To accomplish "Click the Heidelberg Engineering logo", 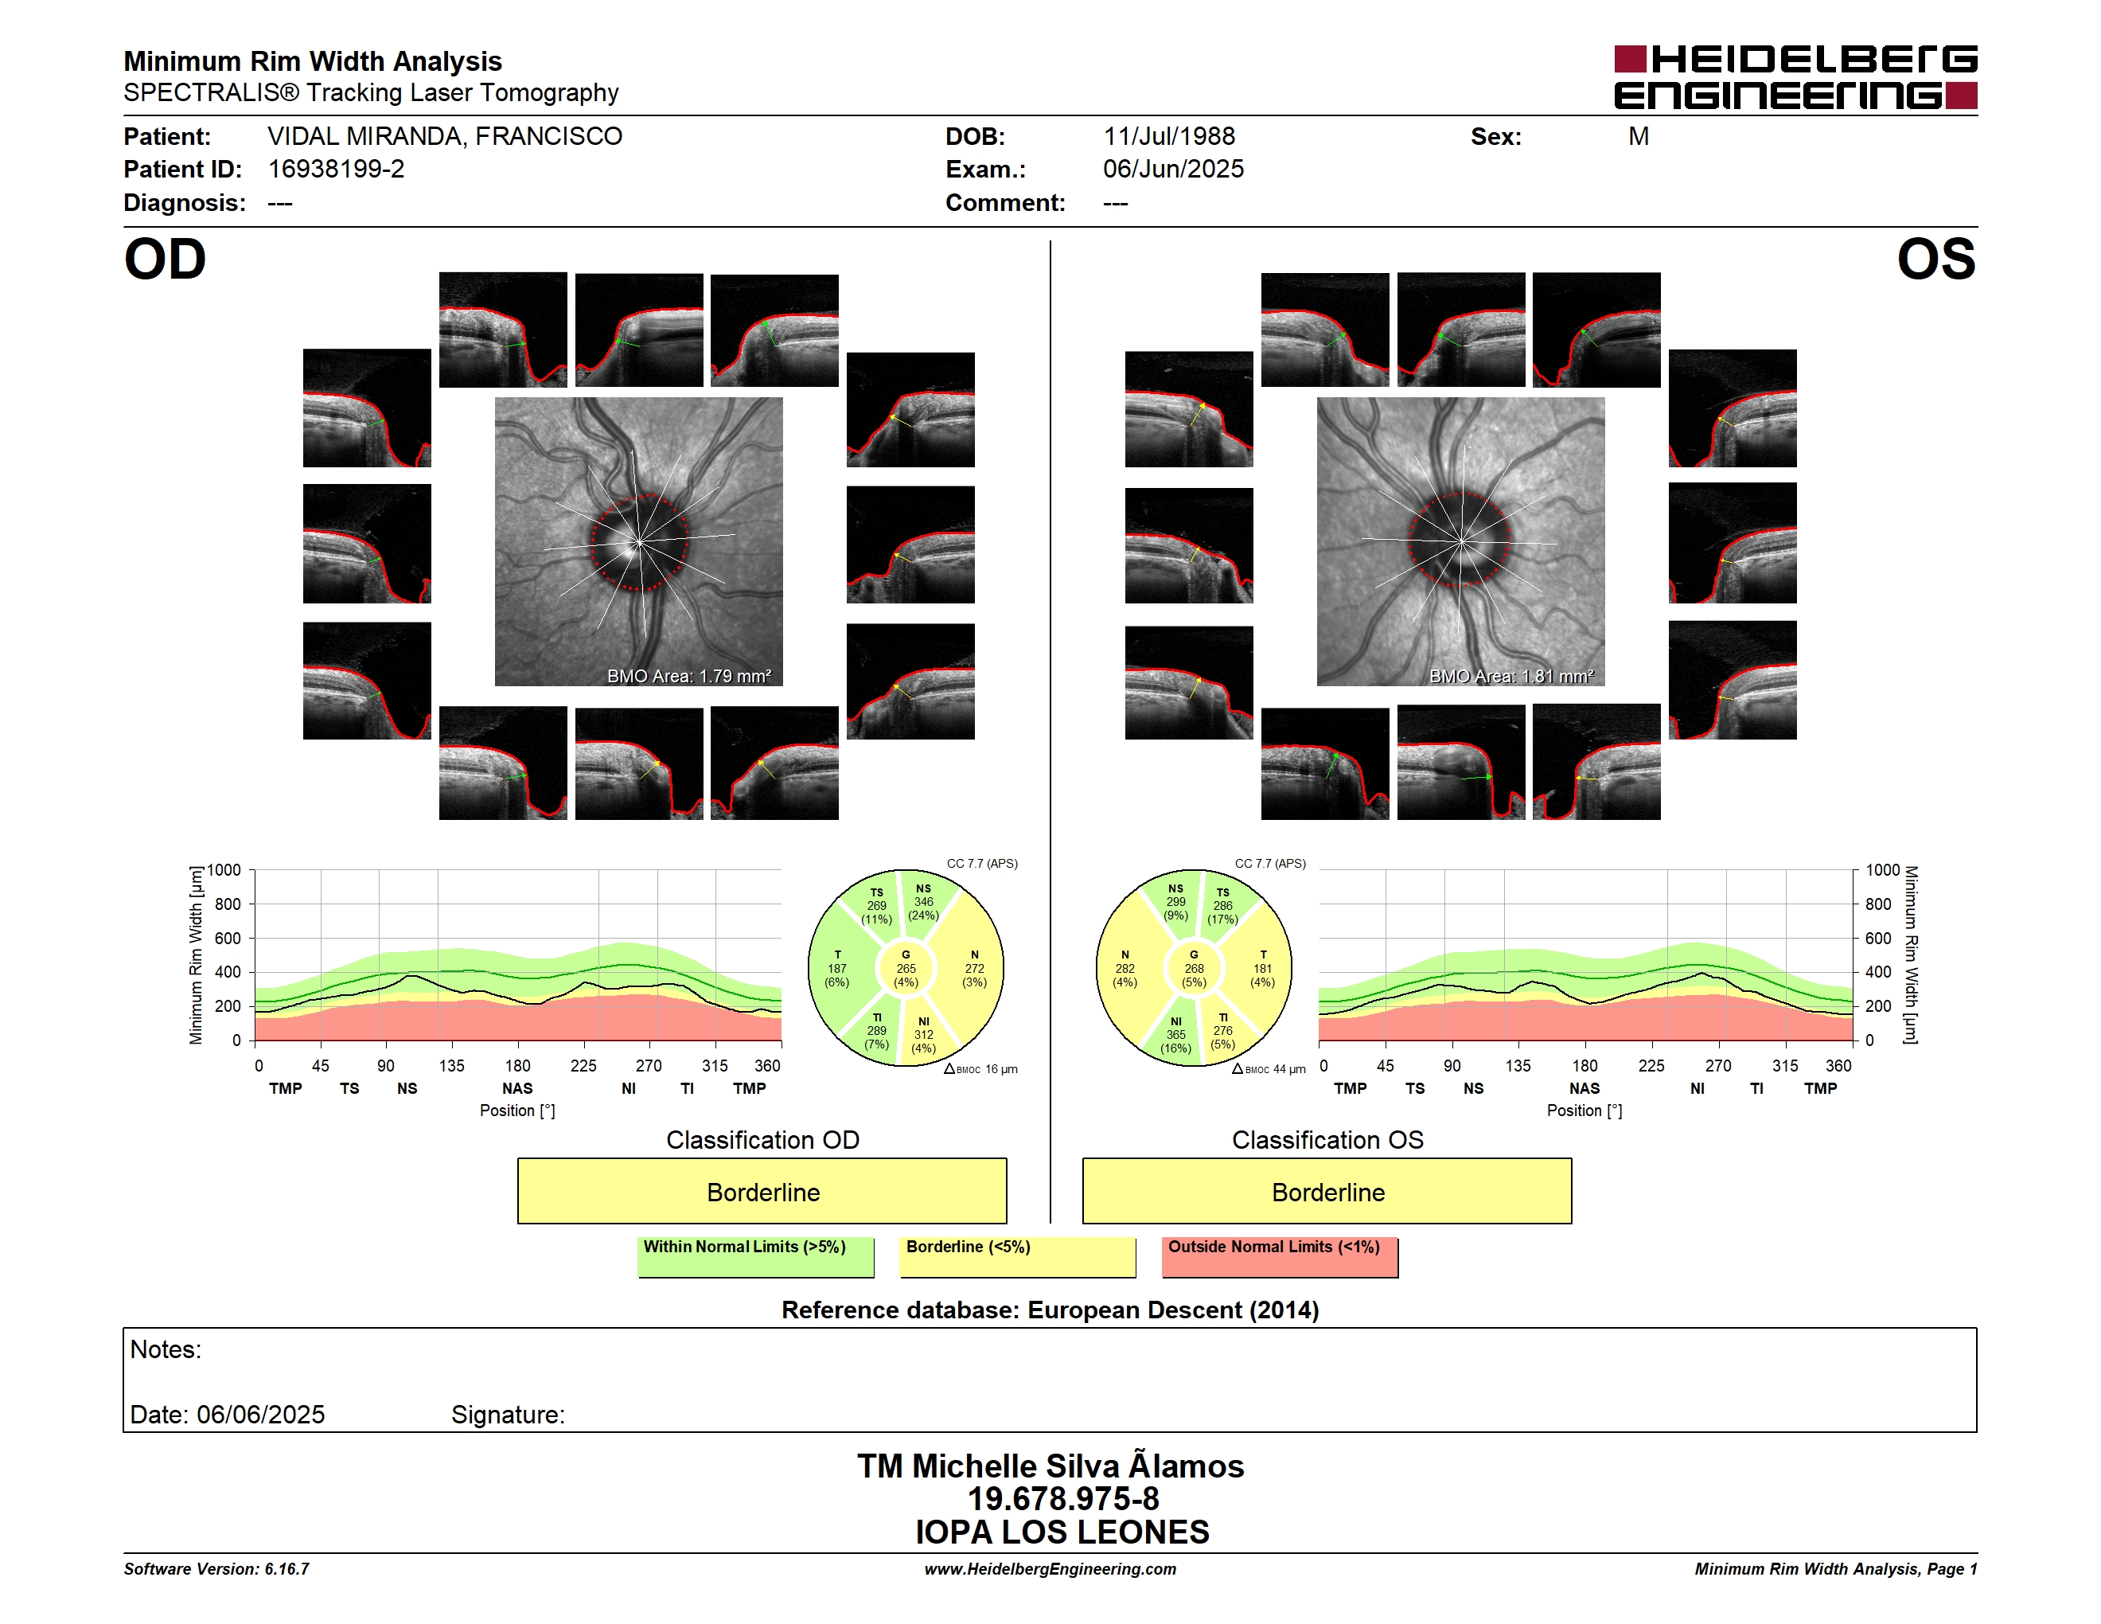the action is point(1795,77).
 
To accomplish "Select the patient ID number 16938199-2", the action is point(336,170).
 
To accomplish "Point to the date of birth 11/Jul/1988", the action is point(1169,137).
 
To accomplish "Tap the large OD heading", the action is point(165,260).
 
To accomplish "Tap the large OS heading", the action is point(1935,260).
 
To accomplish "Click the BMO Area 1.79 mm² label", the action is point(688,677).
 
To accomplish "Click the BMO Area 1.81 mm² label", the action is point(1511,677).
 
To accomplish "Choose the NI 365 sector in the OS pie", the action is point(1175,1035).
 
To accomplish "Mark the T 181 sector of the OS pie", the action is point(1262,969).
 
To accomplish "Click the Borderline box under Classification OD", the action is point(762,1191).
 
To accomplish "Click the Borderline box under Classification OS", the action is point(1327,1191).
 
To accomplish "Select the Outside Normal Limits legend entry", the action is point(1280,1256).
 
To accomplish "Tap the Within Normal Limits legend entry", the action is point(756,1256).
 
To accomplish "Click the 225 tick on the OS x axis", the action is point(1651,1066).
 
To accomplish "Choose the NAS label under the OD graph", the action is point(517,1089).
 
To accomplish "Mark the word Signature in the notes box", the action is point(508,1415).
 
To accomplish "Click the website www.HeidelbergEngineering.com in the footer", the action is point(1050,1569).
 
